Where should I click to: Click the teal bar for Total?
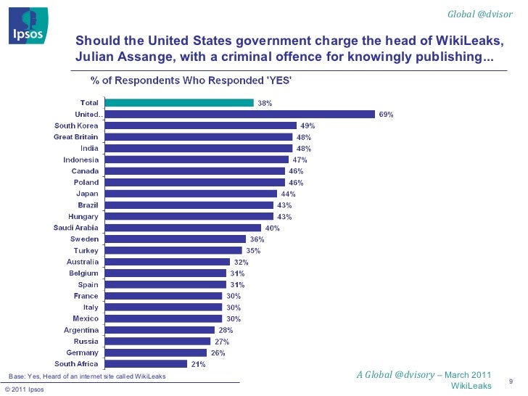point(178,103)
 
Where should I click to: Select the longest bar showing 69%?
point(239,114)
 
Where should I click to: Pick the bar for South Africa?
point(146,363)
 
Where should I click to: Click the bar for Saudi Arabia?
point(181,228)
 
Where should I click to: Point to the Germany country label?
point(82,352)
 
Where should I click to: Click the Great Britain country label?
point(76,136)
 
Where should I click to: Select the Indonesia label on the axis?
point(81,160)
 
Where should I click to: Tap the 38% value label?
point(265,104)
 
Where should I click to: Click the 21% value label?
point(197,364)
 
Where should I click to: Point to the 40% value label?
point(273,228)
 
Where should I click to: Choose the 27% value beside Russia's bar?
point(222,341)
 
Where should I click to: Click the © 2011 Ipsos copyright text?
point(24,390)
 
